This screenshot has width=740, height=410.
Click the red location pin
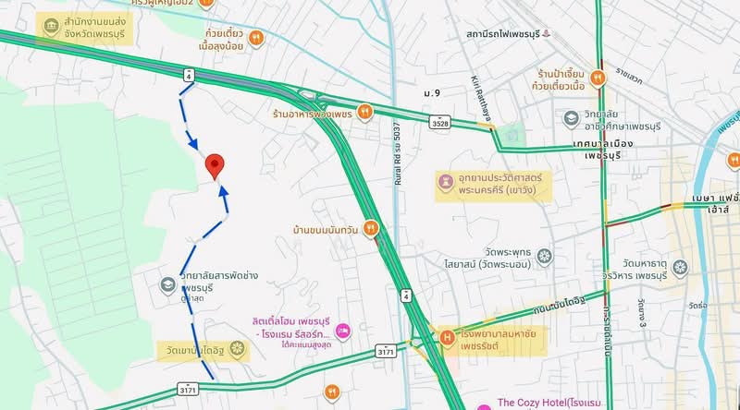[x=216, y=164]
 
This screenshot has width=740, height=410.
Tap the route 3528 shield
[x=440, y=121]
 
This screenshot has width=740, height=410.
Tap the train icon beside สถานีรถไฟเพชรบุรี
[x=546, y=34]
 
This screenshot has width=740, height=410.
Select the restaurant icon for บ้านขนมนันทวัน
[x=370, y=226]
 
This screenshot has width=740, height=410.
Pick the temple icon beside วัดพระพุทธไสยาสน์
[x=544, y=255]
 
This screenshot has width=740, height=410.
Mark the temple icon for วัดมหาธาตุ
[x=680, y=268]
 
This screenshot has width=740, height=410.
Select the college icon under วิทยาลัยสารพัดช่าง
[x=167, y=283]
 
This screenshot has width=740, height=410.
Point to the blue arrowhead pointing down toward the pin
[x=193, y=143]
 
